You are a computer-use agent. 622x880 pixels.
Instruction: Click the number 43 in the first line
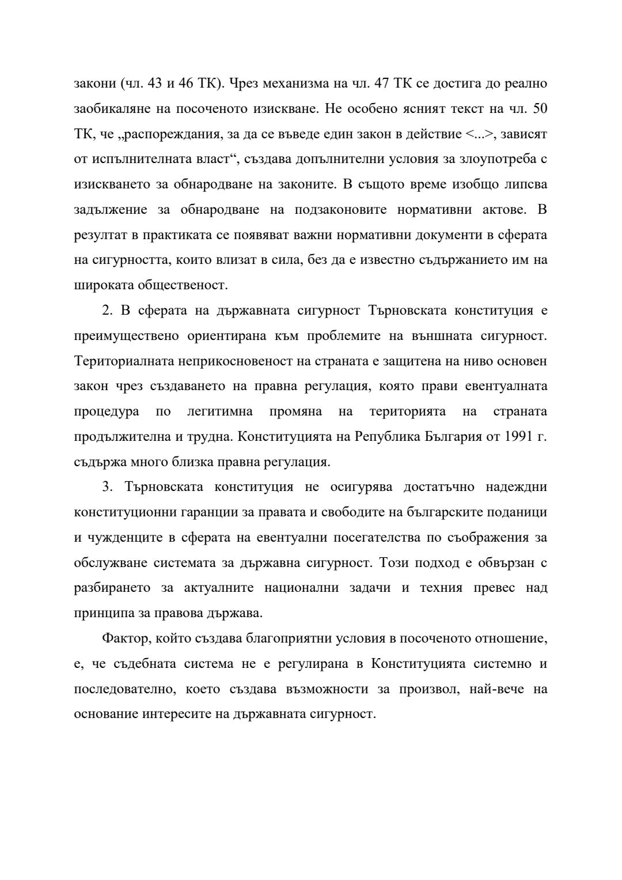coord(154,83)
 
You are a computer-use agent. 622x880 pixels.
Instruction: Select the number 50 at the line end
coord(540,108)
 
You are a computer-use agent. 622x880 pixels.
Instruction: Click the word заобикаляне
coord(111,108)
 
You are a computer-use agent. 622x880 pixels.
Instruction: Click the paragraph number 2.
coord(106,310)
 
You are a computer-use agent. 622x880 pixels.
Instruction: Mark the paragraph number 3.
coord(106,487)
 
